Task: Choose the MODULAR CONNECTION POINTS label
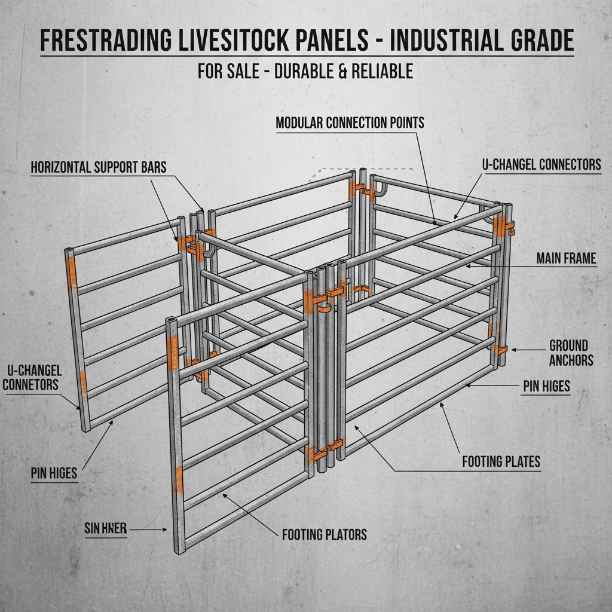350,123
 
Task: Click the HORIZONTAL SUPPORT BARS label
99,167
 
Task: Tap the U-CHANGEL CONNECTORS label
541,164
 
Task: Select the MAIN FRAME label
566,258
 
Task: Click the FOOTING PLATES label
501,461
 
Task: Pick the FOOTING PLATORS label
324,534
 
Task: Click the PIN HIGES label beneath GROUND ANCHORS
546,386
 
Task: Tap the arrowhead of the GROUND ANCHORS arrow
511,349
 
